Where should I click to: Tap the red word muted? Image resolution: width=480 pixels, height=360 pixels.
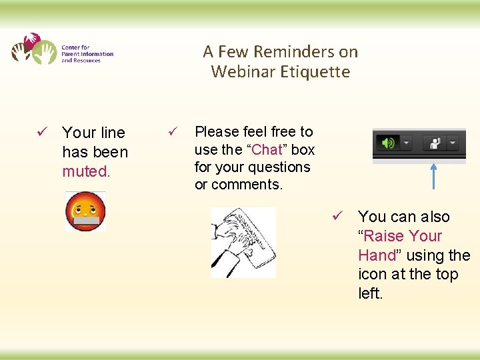click(85, 171)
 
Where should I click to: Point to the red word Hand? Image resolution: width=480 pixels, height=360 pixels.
click(377, 255)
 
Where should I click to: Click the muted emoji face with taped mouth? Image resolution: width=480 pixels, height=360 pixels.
click(85, 211)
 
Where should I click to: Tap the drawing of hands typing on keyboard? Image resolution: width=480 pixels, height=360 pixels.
click(243, 242)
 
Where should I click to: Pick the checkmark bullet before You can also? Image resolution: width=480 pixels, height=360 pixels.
click(338, 217)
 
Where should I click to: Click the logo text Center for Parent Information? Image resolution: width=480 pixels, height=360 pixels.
click(87, 54)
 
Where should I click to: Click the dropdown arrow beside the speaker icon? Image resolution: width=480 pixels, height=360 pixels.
click(406, 143)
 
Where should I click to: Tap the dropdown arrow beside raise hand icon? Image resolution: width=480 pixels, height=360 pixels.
click(453, 143)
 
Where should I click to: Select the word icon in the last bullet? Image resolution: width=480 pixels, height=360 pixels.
click(371, 274)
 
